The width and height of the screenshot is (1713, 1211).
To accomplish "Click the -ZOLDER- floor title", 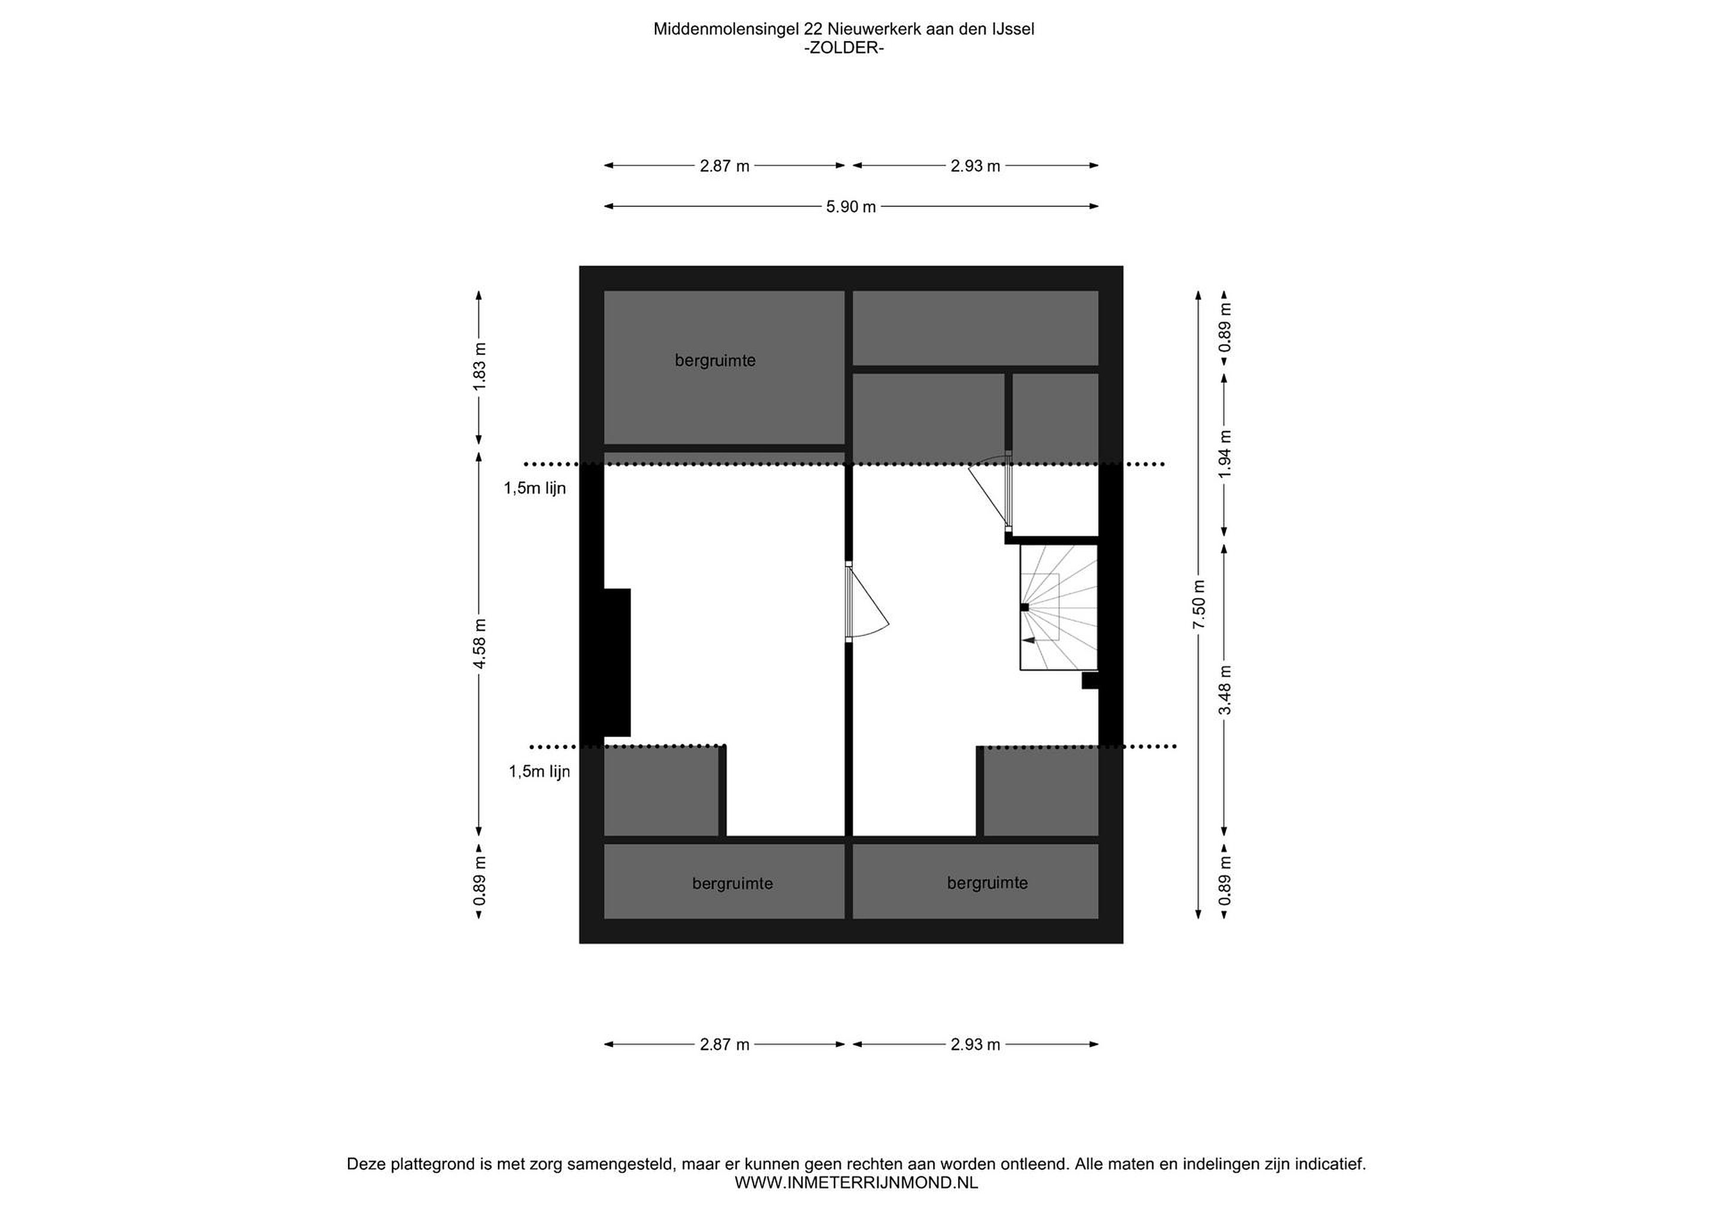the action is pyautogui.click(x=844, y=48).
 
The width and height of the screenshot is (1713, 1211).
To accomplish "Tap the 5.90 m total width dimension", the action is pyautogui.click(x=851, y=206).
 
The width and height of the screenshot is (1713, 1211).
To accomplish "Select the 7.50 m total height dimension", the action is pyautogui.click(x=1198, y=604).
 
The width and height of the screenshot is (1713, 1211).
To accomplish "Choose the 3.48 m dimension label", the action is pyautogui.click(x=1224, y=690).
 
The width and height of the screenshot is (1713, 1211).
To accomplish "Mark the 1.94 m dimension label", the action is pyautogui.click(x=1224, y=454).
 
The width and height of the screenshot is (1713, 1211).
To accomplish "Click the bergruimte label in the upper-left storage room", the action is pyautogui.click(x=715, y=361).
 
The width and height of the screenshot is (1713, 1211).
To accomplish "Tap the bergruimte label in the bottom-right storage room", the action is pyautogui.click(x=987, y=883).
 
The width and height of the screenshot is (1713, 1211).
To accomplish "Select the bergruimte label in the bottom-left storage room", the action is pyautogui.click(x=732, y=883).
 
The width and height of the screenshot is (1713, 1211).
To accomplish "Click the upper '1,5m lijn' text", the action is pyautogui.click(x=534, y=489).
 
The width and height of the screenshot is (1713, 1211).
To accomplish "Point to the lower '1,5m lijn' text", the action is pyautogui.click(x=539, y=771).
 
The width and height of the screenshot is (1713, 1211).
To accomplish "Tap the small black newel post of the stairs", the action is pyautogui.click(x=1024, y=608).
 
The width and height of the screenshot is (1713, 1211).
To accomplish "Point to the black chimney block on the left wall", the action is pyautogui.click(x=617, y=662).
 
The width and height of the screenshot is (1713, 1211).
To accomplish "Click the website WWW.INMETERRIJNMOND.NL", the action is pyautogui.click(x=856, y=1182).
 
